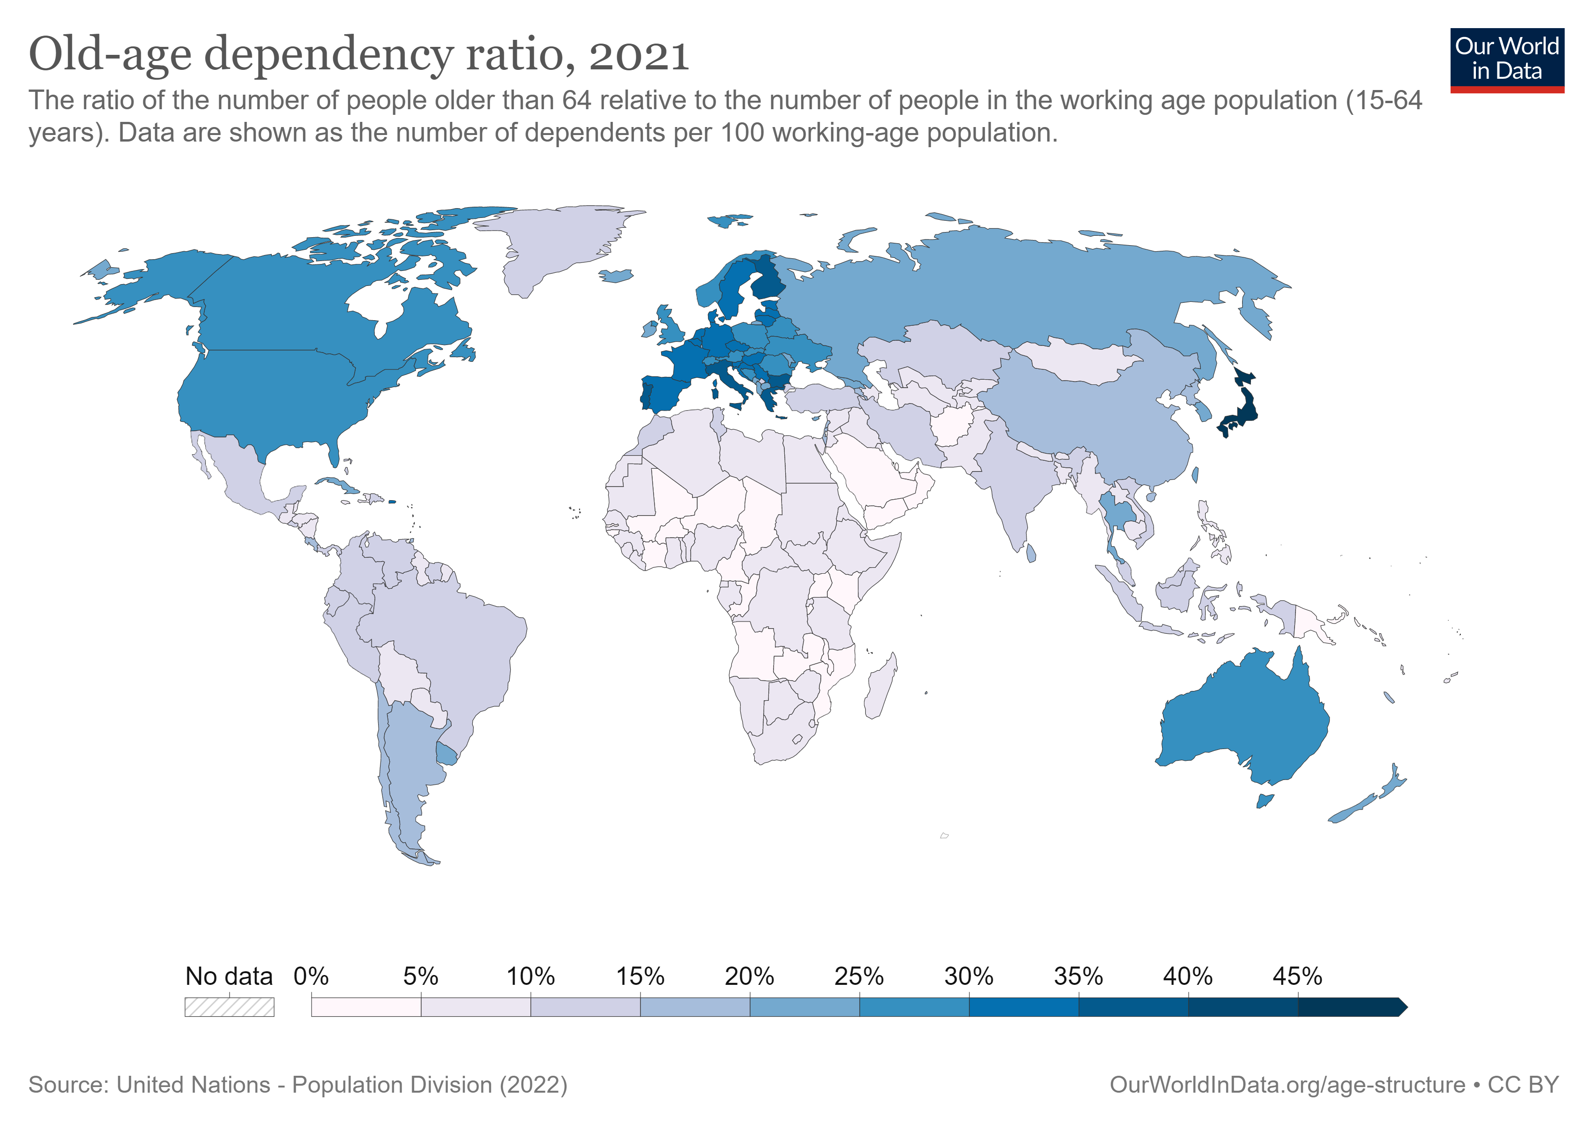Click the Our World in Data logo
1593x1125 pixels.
1506,60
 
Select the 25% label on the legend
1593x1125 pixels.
858,976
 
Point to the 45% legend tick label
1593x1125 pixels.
1297,976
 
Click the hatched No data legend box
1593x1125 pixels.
229,1006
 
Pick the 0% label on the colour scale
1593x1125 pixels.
311,976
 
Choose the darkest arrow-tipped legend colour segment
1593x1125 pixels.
1349,1006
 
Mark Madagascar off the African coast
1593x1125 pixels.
880,687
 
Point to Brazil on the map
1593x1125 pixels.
444,638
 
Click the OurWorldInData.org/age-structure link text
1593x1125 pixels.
1287,1084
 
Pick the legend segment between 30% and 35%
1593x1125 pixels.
1023,1006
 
